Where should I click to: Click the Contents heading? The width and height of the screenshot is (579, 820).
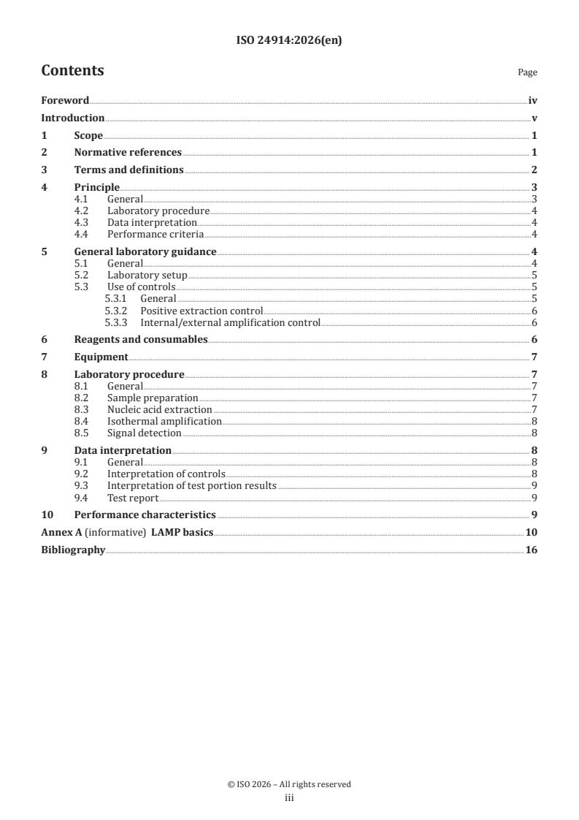pos(72,71)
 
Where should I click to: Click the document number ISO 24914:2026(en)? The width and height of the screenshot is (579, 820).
pos(289,41)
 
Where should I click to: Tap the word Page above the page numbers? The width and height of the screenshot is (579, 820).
pos(527,72)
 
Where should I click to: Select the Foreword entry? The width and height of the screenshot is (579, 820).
pos(65,101)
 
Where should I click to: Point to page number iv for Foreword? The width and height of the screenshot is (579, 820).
pos(532,101)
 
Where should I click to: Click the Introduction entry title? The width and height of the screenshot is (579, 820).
pos(72,118)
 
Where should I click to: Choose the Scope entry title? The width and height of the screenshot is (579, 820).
pos(88,135)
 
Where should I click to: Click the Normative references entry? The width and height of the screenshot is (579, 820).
pos(128,153)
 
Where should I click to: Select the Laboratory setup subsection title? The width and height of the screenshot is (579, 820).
pos(147,275)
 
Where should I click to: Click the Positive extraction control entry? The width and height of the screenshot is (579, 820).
pos(202,311)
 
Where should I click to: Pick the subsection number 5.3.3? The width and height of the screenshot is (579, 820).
pos(117,322)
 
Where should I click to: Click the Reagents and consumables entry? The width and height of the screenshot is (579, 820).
pos(141,339)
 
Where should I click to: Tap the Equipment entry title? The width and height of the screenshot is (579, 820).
pos(101,357)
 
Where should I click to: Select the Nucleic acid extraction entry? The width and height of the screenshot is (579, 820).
pos(159,409)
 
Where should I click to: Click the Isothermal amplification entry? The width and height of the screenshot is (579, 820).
pos(164,421)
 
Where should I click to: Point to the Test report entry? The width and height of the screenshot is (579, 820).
pos(132,498)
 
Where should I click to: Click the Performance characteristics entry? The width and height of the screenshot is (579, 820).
pos(145,515)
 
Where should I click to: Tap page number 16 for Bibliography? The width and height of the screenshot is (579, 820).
pos(531,550)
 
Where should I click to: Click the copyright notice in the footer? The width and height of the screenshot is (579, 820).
pos(289,784)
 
